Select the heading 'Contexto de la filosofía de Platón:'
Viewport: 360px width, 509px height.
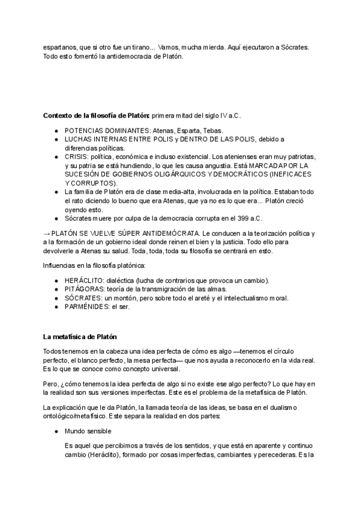coord(96,115)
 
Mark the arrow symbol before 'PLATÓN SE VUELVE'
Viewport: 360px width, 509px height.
coord(46,233)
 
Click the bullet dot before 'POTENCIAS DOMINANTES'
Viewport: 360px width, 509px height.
coord(56,130)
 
